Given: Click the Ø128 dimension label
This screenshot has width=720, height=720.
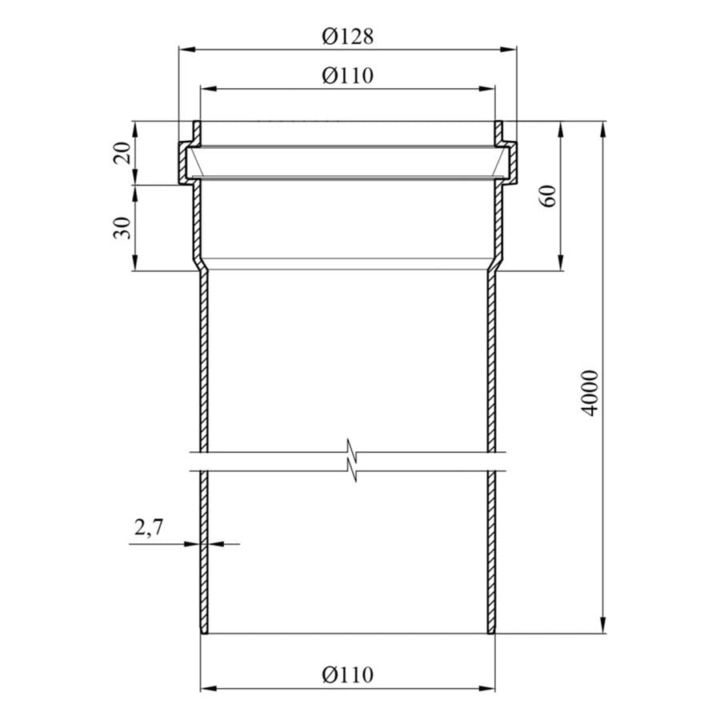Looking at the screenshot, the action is click(348, 36).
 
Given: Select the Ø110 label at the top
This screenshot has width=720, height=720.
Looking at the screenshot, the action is click(348, 75).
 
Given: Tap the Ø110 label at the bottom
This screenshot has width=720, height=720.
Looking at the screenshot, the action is click(348, 674).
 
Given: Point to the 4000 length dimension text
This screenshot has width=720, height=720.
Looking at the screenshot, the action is click(590, 393).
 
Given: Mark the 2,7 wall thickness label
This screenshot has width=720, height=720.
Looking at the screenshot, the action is click(149, 527).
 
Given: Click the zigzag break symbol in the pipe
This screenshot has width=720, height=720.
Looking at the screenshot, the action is click(352, 461).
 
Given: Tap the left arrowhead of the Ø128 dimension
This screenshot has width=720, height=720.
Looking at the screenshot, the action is click(186, 49).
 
